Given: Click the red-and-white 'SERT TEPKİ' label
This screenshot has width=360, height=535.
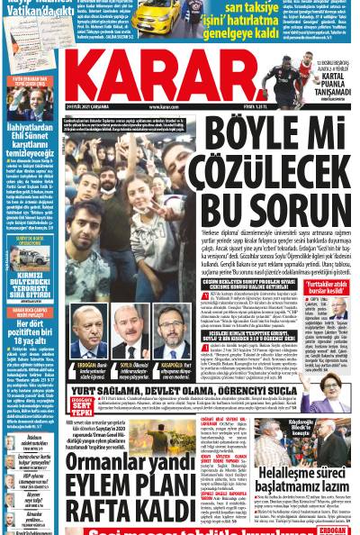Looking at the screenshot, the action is [x=80, y=404].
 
